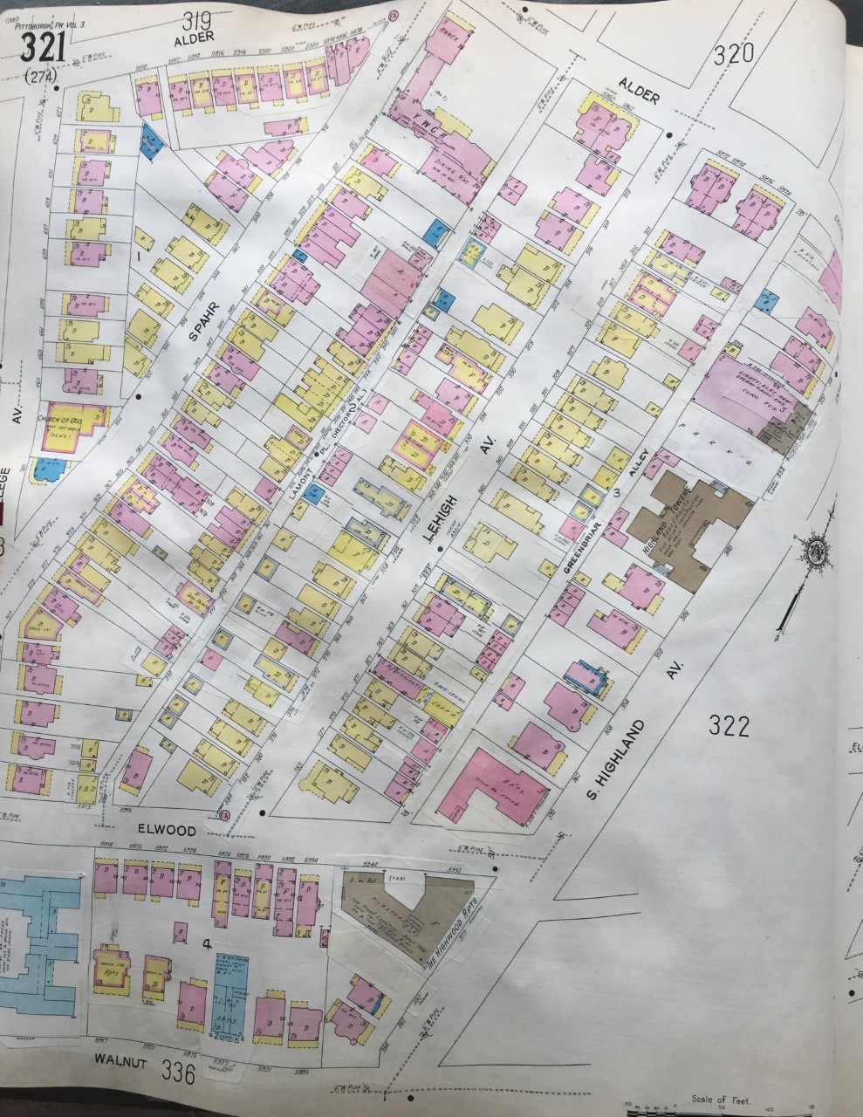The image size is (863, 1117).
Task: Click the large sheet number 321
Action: [x=43, y=46]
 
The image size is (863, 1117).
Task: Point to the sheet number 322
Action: [x=729, y=725]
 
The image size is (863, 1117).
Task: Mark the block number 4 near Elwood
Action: [x=207, y=943]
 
